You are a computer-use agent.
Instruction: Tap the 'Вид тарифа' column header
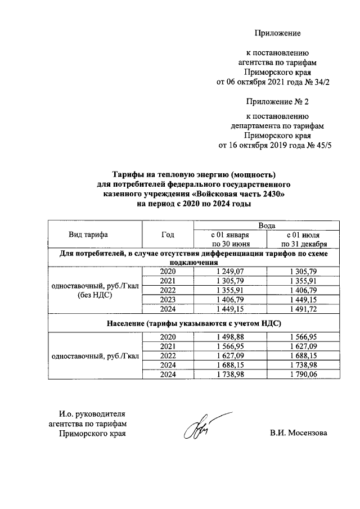(88, 235)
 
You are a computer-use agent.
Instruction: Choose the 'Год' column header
(167, 235)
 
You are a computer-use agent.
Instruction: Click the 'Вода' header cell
(267, 225)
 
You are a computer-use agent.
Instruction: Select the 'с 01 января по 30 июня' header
(230, 239)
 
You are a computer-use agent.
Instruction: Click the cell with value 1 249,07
(230, 272)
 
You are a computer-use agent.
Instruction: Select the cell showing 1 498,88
(230, 336)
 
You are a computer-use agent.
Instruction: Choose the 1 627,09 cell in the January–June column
(230, 355)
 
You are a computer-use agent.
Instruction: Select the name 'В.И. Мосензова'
(299, 433)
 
